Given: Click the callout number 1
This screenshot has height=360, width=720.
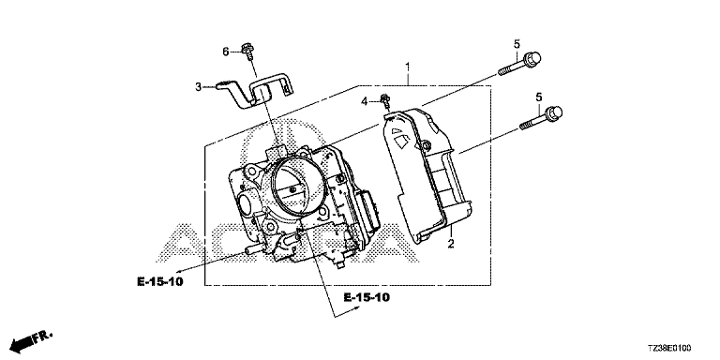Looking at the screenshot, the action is coord(407,67).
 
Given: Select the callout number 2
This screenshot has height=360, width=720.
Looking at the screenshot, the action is coord(451,244).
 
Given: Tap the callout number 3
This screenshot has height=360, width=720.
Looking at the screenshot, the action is coord(199,87).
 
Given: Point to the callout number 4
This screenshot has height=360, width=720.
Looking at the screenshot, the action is coord(365,101).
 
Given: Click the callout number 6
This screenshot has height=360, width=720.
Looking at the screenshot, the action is coord(225,52).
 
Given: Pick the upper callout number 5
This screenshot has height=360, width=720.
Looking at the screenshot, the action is coord(517,44).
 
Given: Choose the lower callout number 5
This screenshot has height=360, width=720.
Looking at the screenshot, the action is coord(539,97).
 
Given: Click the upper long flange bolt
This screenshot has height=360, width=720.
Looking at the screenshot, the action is coord(519,64).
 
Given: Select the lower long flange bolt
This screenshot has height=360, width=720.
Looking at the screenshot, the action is coord(541,117).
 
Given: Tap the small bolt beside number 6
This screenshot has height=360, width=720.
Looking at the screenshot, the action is coord(247,52).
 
